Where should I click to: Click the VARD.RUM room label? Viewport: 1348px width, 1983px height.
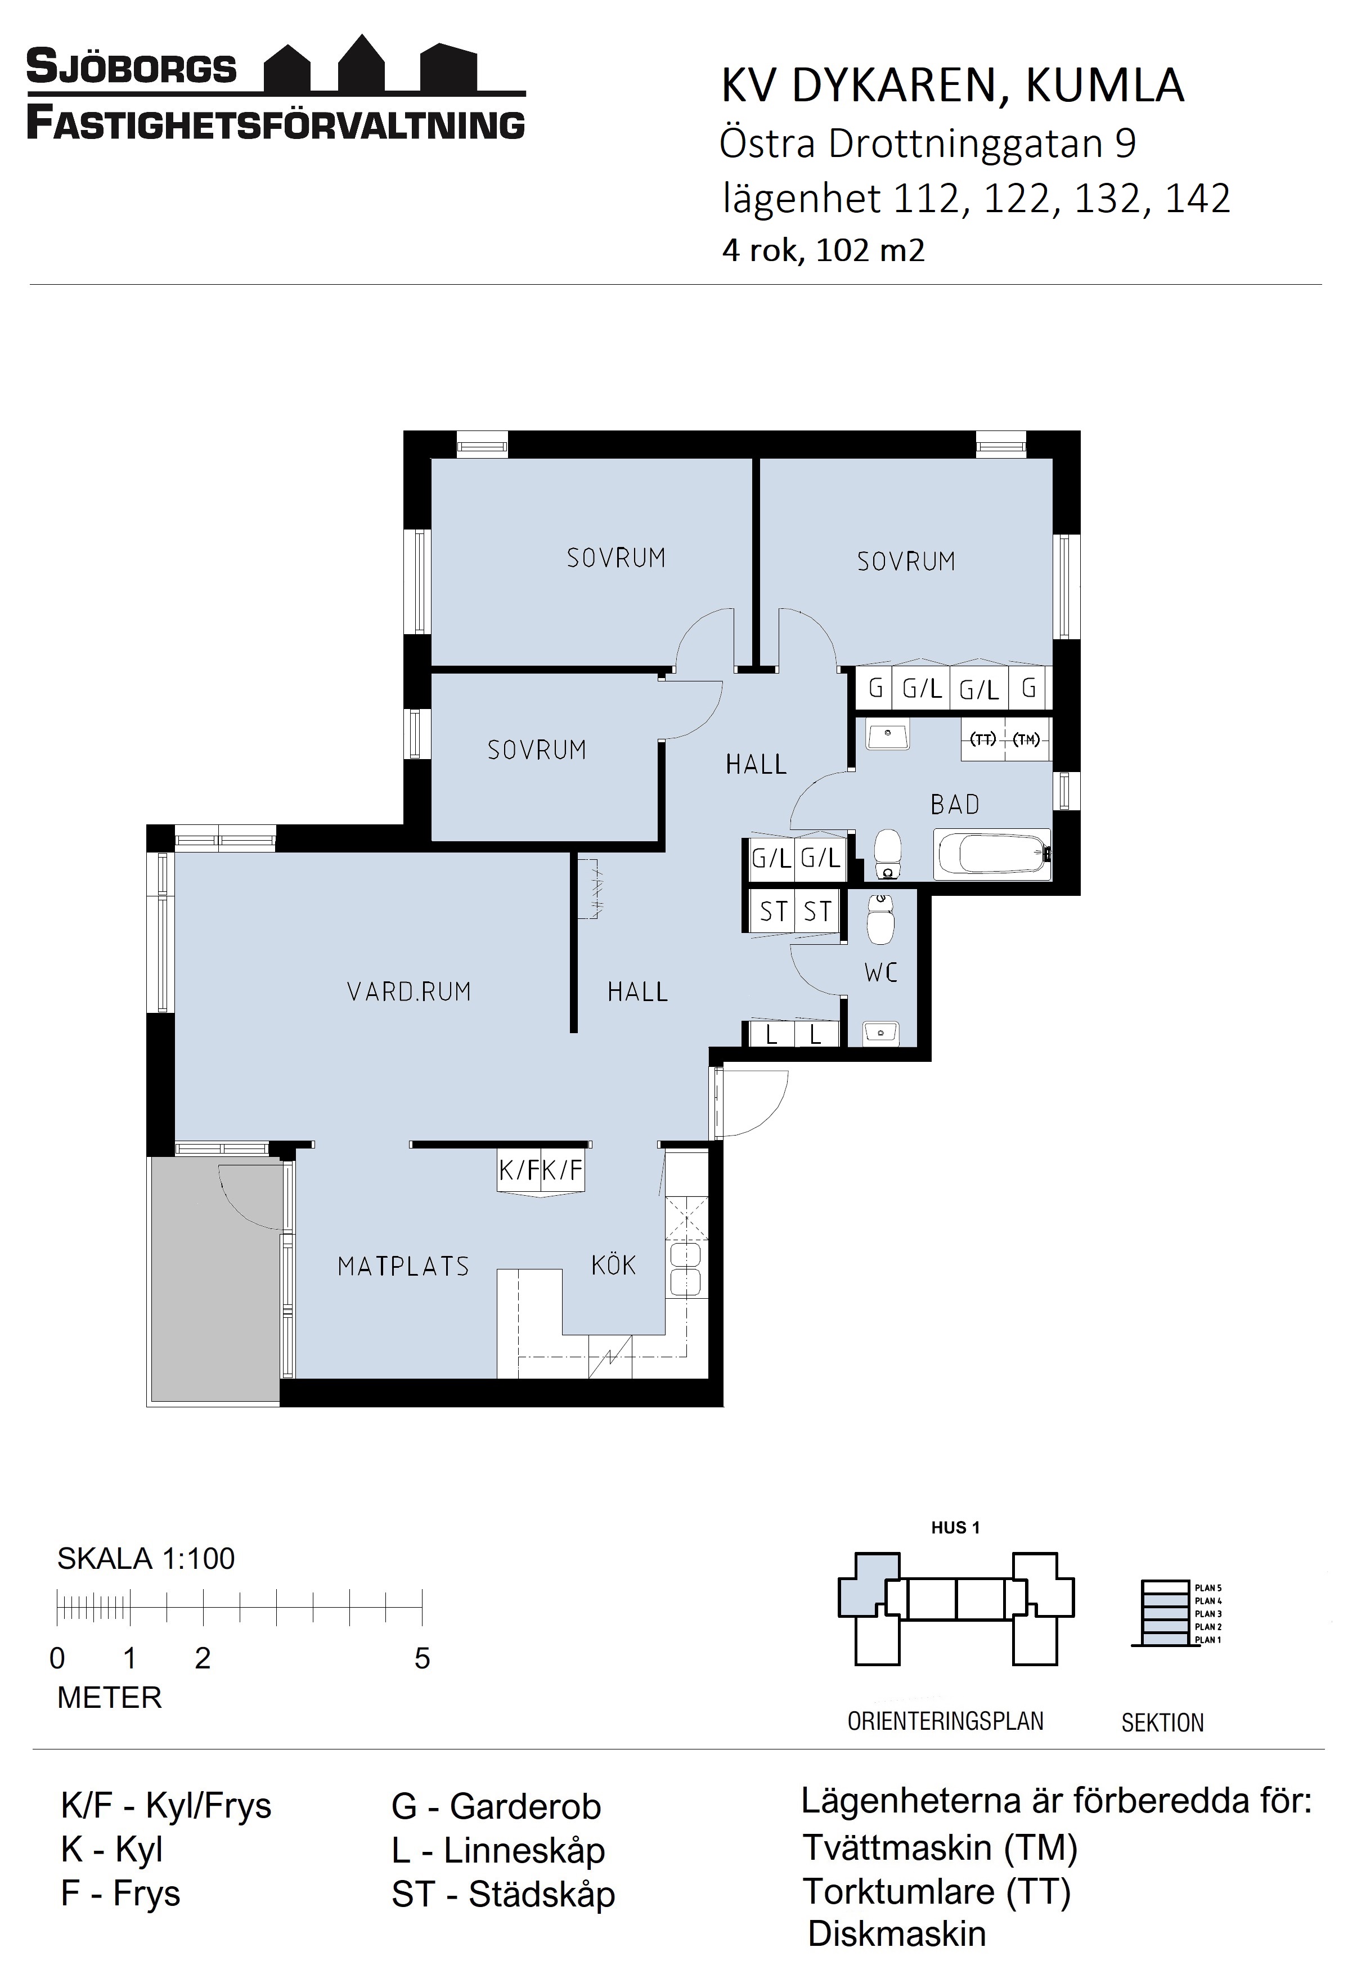point(408,991)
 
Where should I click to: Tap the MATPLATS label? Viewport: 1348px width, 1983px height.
point(403,1266)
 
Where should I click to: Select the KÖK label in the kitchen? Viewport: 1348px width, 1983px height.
point(613,1264)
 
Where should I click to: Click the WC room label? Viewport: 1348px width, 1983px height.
point(881,973)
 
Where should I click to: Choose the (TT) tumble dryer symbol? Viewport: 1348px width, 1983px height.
point(985,739)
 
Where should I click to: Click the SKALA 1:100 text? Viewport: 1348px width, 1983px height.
point(146,1559)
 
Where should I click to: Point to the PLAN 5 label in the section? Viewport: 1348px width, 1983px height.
point(1208,1588)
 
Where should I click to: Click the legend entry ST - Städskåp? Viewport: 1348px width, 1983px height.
point(504,1894)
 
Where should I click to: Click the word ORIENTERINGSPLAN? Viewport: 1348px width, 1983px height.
point(945,1721)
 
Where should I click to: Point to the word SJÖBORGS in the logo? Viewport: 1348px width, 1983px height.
point(132,68)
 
